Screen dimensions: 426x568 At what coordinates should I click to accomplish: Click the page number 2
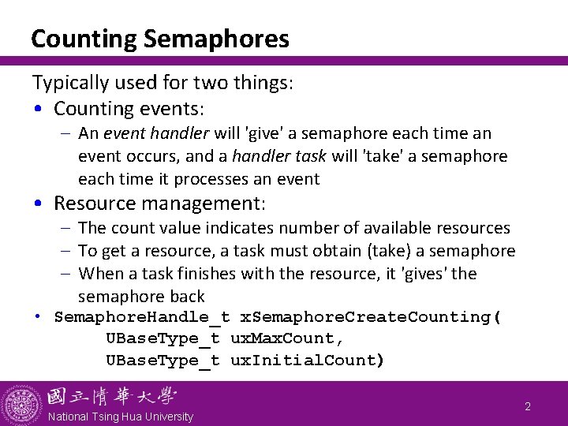(x=528, y=407)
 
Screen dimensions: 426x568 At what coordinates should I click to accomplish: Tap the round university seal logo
(x=21, y=404)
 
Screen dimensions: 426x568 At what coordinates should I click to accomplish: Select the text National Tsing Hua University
(x=120, y=417)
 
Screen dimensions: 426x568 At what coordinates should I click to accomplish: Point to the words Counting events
(x=129, y=109)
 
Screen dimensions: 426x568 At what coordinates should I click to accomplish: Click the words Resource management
(x=159, y=204)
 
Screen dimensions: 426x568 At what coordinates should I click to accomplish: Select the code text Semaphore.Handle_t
(x=142, y=317)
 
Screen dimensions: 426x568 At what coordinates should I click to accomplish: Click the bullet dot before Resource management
(x=39, y=204)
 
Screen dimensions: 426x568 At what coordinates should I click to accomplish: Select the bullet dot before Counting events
(x=39, y=110)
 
